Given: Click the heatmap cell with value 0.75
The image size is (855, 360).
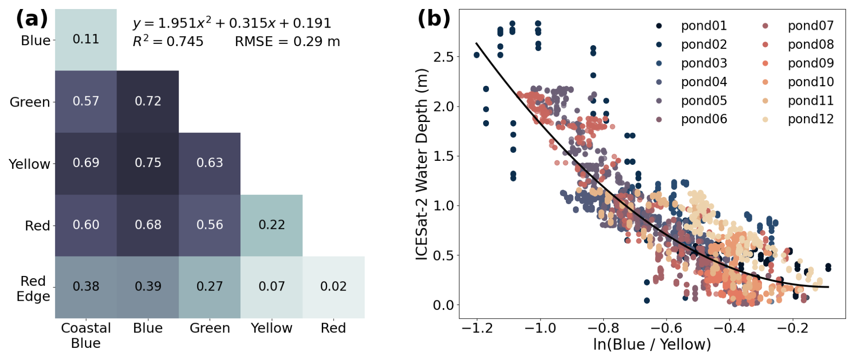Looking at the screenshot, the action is pos(148,164).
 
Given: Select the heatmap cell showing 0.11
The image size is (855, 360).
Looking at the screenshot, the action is pos(86,40).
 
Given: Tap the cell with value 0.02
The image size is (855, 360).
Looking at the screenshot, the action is pos(334,287).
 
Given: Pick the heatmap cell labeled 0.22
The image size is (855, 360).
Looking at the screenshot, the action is pos(272,225).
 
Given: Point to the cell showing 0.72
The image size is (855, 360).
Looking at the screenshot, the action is pos(148,102).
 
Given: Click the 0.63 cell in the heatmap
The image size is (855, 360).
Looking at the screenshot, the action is pos(210,164).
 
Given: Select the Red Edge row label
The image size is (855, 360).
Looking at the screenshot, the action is pos(33,289).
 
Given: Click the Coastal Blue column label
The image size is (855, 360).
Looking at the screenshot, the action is pos(86,335).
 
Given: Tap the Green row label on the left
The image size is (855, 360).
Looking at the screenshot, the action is pos(30,102).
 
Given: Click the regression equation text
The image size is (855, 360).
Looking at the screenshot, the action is pos(232,23).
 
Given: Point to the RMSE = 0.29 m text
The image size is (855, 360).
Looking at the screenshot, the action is pos(287,42).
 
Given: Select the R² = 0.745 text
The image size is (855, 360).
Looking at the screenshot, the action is pos(168,41).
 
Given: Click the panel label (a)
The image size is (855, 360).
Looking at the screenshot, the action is pos(32,19).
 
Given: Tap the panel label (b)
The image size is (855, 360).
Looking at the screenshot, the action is pos(434,19).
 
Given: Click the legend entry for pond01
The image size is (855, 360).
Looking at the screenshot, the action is pos(692,26).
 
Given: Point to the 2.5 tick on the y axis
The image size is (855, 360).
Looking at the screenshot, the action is pos(443,57).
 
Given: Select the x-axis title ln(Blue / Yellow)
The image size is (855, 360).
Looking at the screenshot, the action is pos(652,344).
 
